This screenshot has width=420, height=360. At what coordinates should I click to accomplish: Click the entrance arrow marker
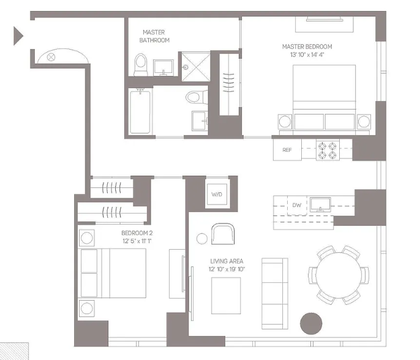(18, 36)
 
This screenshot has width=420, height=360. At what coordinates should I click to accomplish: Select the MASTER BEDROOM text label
(307, 47)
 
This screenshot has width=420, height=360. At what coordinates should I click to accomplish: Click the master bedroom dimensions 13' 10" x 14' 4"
(307, 55)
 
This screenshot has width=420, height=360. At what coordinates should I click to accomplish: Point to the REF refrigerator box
(287, 150)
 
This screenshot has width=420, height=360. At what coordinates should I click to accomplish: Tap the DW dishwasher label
(296, 205)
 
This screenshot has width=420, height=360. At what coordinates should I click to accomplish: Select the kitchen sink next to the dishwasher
(320, 204)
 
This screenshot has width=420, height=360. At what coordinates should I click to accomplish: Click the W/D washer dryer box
(217, 194)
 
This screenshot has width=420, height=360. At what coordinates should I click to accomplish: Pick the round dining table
(339, 275)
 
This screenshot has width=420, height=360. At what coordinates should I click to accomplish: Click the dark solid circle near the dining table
(310, 323)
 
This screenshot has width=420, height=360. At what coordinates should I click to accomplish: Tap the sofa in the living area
(274, 293)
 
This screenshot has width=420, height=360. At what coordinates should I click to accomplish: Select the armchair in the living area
(222, 233)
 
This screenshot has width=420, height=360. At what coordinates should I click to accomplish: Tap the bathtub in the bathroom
(140, 111)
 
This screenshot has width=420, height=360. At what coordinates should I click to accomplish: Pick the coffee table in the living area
(226, 295)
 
